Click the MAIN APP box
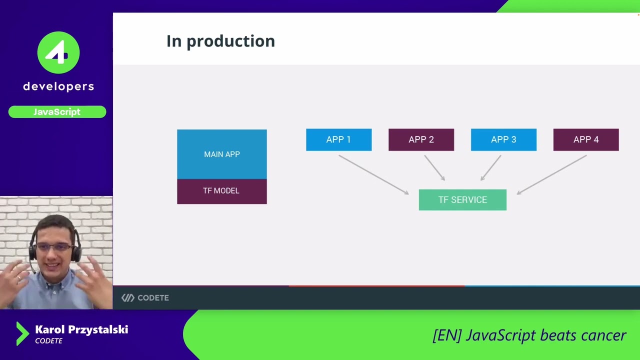pos(221,154)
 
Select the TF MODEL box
pos(221,191)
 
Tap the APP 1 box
pos(338,139)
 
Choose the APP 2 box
pos(421,139)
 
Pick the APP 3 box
pos(503,139)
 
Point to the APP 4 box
pos(585,139)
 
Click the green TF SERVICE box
pos(462,200)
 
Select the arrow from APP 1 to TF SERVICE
pos(373,174)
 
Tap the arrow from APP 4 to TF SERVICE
pos(551,174)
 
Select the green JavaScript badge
pos(57,112)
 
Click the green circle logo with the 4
pos(58,53)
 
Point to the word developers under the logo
pos(58,86)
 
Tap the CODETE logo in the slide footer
pos(145,298)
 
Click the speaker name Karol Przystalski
pos(81,329)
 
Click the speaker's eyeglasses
pos(54,247)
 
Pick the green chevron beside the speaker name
pos(22,333)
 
